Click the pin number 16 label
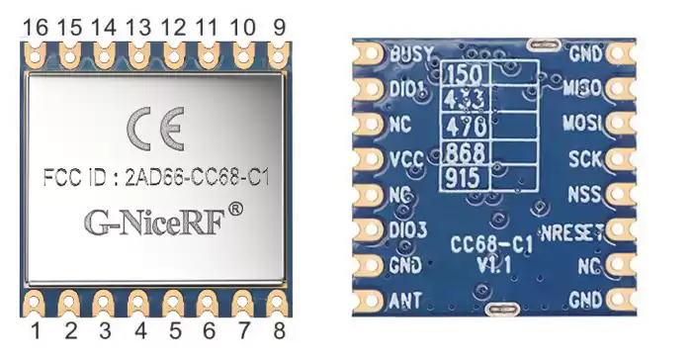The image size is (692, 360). coord(36,29)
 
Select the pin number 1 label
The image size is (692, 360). coord(36,329)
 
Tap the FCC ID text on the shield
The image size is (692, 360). coord(158,179)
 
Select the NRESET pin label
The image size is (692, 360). coord(575,233)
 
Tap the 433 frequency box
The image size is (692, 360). coord(466,100)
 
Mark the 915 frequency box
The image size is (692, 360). coord(466,178)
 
